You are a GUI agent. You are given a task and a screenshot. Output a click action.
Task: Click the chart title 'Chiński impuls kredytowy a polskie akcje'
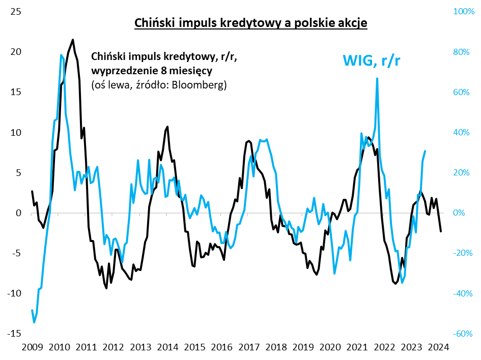250,23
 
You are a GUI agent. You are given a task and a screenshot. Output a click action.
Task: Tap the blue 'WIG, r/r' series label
372,60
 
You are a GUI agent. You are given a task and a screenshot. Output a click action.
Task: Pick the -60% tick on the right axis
463,333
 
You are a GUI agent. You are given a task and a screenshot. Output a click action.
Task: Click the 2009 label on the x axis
32,347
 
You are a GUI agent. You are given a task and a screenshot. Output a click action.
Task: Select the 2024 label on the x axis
439,347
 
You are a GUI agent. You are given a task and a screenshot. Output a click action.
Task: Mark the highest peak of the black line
73,40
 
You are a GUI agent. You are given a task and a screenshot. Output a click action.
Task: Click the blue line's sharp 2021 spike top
377,78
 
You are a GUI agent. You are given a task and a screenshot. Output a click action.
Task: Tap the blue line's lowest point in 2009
34,322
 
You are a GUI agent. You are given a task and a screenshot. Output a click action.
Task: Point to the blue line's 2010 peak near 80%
61,54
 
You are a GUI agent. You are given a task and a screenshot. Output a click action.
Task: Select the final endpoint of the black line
441,231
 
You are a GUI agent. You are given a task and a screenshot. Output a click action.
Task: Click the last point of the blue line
425,151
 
